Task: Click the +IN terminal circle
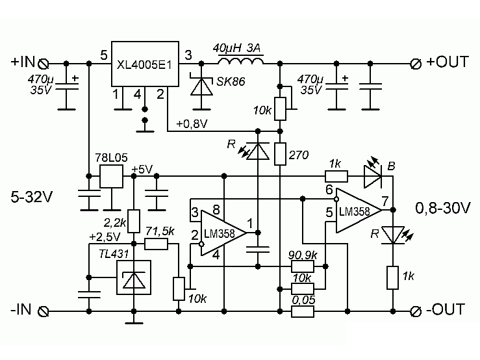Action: (43, 64)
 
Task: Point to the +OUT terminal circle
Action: (416, 64)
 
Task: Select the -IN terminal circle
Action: (43, 312)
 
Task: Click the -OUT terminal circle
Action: (416, 312)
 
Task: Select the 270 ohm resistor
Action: (280, 154)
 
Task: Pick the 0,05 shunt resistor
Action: (303, 312)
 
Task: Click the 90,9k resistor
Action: (303, 266)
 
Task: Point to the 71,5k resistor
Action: (156, 244)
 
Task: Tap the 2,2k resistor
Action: (134, 221)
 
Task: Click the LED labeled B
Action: (373, 177)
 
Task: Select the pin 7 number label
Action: (385, 201)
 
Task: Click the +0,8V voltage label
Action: (192, 123)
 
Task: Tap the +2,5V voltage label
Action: (105, 237)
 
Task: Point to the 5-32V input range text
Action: (32, 197)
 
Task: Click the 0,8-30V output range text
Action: (443, 209)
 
